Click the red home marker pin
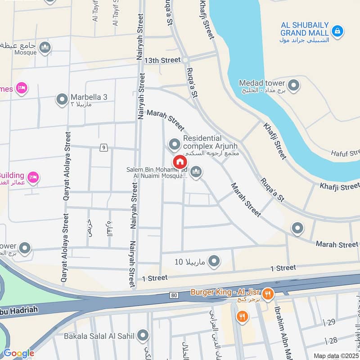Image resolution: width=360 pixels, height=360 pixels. coord(180,161)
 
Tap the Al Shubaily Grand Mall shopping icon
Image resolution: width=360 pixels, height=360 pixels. coord(336,31)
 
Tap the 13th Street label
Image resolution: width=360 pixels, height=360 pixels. coord(162,60)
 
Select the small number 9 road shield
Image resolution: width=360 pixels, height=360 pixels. coord(104,147)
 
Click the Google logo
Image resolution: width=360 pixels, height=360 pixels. coord(18,353)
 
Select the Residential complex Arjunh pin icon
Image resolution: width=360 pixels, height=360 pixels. coord(174,144)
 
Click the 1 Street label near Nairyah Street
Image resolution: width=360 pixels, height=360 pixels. coord(155,278)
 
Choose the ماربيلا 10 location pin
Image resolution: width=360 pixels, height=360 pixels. coord(214,261)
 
